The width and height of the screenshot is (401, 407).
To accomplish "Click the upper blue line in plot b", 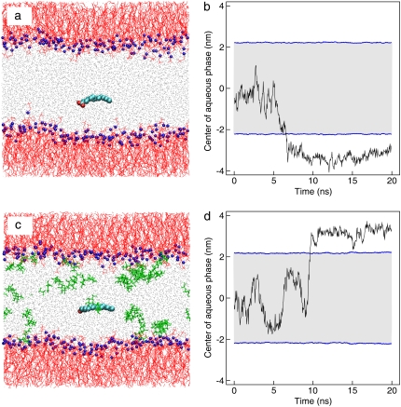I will tap(312, 43).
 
